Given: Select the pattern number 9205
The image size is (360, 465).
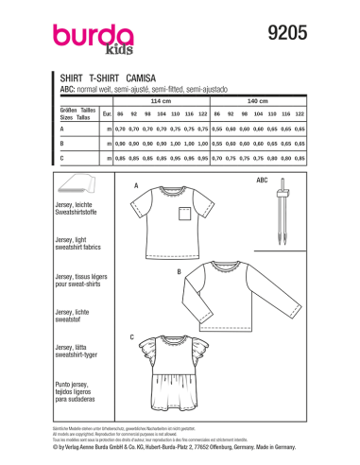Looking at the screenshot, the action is point(283,31).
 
